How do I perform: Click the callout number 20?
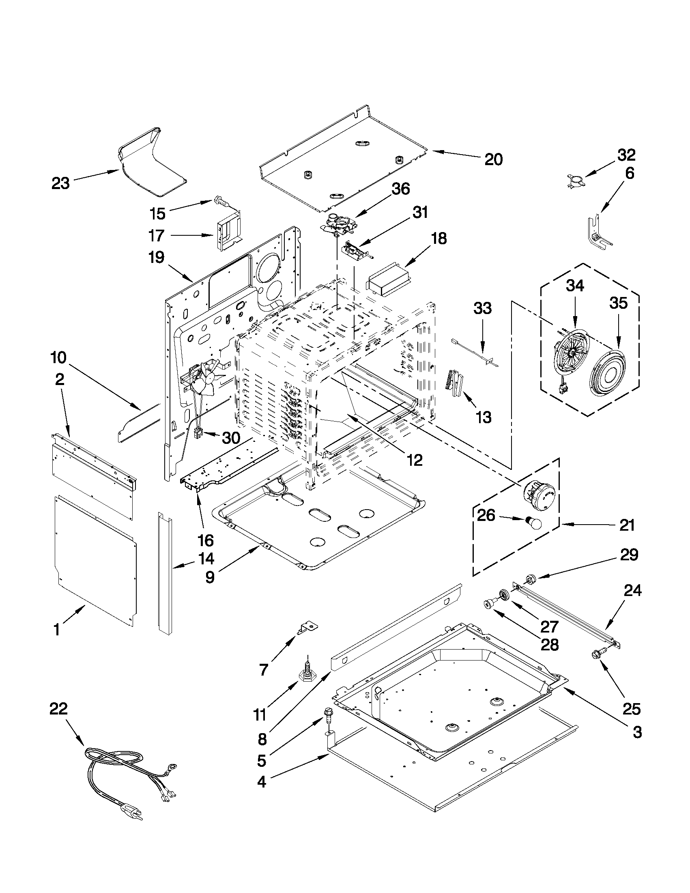click(x=493, y=159)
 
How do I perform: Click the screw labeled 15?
click(x=221, y=201)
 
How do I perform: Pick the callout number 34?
click(x=575, y=286)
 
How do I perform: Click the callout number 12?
click(x=414, y=460)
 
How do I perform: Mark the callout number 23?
click(x=60, y=183)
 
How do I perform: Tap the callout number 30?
click(x=230, y=438)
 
